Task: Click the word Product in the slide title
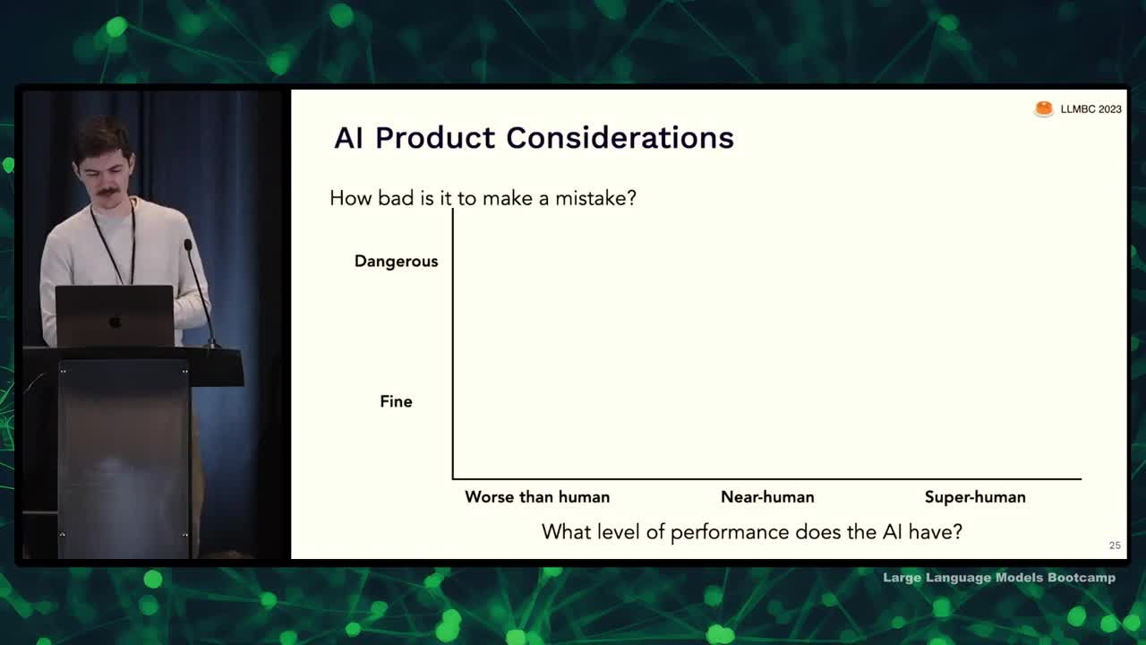tap(435, 138)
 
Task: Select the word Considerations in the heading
tap(620, 138)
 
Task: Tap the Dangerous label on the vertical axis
tap(397, 262)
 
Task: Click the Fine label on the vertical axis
tap(396, 401)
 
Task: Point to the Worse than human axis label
tap(537, 497)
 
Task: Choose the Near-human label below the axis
tap(767, 497)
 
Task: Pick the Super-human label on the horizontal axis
tap(975, 497)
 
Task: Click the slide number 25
tap(1115, 546)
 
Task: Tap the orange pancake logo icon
tap(1044, 109)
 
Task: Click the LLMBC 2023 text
tap(1090, 109)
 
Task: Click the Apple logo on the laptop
tap(115, 322)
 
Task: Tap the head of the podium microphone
tap(188, 245)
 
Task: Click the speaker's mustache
tap(107, 193)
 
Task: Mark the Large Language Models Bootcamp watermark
tap(999, 578)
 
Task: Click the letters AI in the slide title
tap(349, 138)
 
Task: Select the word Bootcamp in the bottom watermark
tap(1082, 578)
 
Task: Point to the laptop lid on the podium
tap(115, 316)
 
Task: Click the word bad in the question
tap(396, 198)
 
